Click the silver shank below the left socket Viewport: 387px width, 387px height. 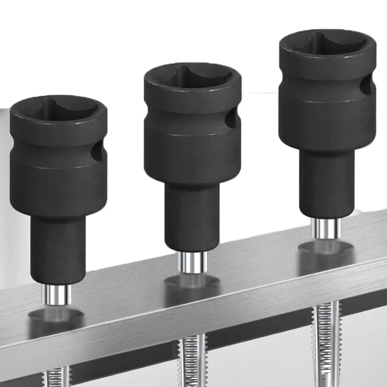pyautogui.click(x=57, y=295)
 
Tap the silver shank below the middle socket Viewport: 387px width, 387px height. pyautogui.click(x=192, y=262)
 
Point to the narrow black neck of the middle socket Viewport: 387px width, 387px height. pyautogui.click(x=192, y=217)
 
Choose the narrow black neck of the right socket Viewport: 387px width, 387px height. pyautogui.click(x=327, y=184)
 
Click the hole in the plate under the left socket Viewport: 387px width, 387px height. pyautogui.click(x=56, y=315)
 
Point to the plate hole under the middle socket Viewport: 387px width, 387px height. pyautogui.click(x=192, y=281)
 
